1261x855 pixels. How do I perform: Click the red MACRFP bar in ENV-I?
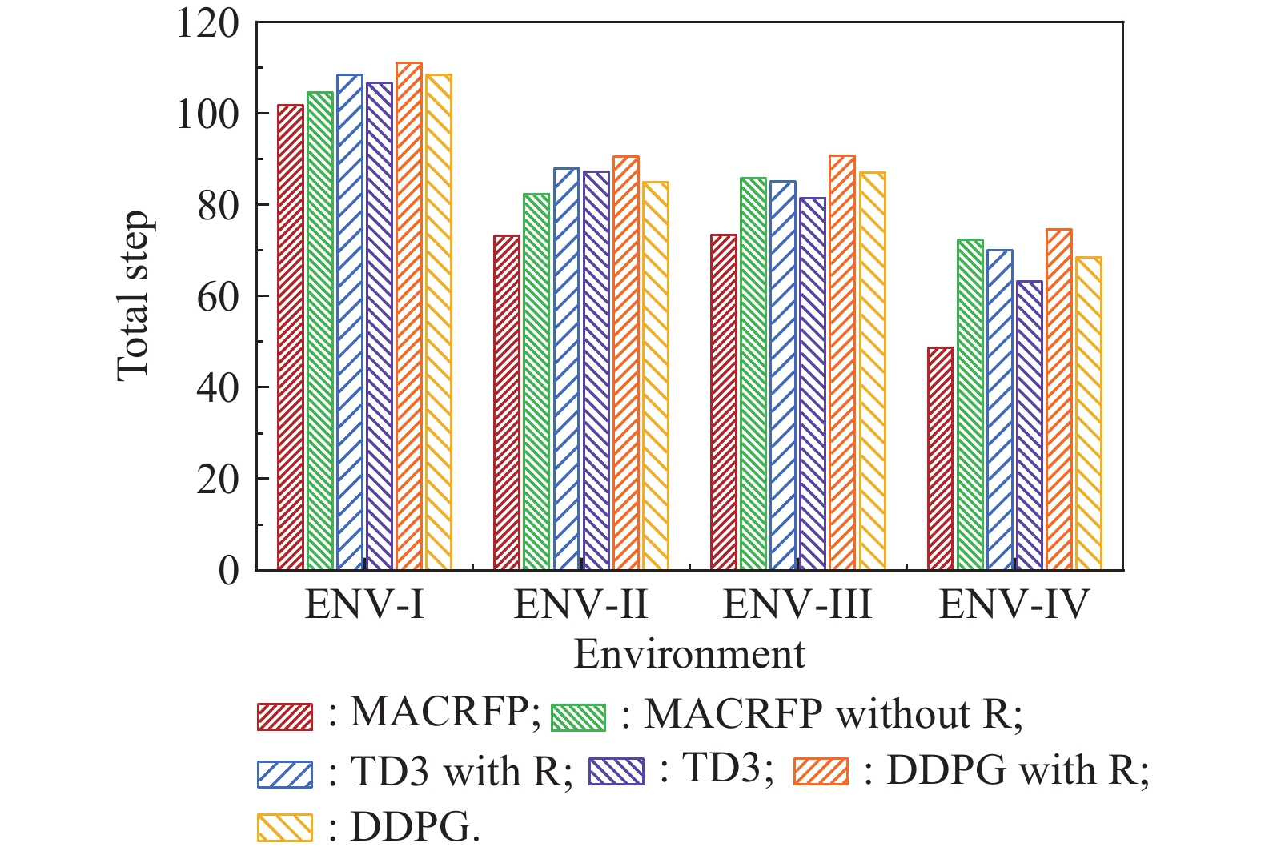291,337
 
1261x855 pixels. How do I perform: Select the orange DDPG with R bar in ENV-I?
409,316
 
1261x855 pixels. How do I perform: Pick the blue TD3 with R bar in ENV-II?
566,369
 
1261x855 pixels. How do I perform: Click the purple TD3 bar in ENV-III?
813,383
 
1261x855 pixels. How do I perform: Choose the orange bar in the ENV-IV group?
1058,399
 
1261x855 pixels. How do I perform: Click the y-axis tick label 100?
207,114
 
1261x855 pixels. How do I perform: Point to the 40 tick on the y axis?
217,388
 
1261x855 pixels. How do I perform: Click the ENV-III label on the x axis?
797,604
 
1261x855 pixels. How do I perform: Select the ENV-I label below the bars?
364,604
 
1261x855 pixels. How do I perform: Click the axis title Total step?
133,296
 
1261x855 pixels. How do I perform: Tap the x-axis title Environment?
689,655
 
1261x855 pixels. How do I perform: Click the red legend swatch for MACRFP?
285,717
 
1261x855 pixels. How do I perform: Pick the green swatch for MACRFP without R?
579,717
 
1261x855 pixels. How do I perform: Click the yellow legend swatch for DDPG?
285,828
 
